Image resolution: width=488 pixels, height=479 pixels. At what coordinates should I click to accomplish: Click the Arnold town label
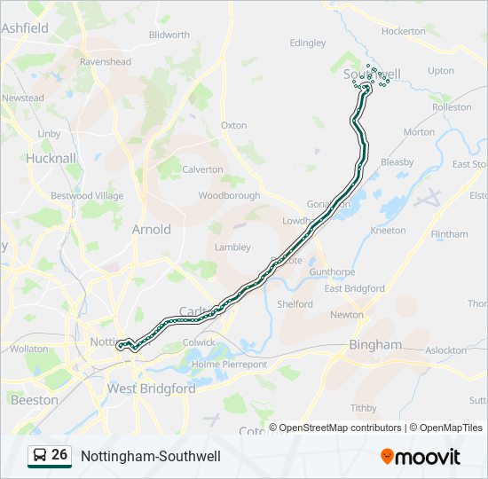(x=151, y=229)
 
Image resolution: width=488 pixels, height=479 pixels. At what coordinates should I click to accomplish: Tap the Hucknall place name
(x=51, y=158)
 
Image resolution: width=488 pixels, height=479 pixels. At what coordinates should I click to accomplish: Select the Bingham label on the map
(x=374, y=344)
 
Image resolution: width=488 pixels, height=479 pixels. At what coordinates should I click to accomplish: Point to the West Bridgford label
(x=151, y=389)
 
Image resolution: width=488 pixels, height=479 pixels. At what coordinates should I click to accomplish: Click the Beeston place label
(x=35, y=400)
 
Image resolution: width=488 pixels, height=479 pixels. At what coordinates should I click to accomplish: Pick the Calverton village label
(x=202, y=169)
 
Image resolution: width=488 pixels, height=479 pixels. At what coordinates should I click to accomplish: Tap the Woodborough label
(x=229, y=195)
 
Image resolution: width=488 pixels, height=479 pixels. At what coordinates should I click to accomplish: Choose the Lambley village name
(x=232, y=247)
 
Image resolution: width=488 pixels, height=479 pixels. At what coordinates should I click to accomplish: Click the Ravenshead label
(x=105, y=62)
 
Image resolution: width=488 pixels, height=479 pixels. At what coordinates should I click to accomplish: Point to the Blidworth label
(x=169, y=35)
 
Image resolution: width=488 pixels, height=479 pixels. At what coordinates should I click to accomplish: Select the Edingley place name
(x=308, y=43)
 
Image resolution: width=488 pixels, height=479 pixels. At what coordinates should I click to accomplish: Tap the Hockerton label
(x=404, y=31)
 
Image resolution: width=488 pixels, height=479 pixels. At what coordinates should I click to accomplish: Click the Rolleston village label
(x=452, y=107)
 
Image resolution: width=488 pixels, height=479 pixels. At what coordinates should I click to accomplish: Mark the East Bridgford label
(x=354, y=288)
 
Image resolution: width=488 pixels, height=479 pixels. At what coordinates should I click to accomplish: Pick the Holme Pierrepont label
(x=229, y=364)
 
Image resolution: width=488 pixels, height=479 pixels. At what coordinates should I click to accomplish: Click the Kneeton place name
(x=388, y=231)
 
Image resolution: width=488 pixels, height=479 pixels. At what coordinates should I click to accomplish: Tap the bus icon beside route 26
(x=39, y=456)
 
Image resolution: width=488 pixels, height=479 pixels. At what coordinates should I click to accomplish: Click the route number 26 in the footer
(x=59, y=455)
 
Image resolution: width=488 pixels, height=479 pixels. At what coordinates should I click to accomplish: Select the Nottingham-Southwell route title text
(x=151, y=456)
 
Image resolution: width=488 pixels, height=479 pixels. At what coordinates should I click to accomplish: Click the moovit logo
(x=421, y=457)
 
